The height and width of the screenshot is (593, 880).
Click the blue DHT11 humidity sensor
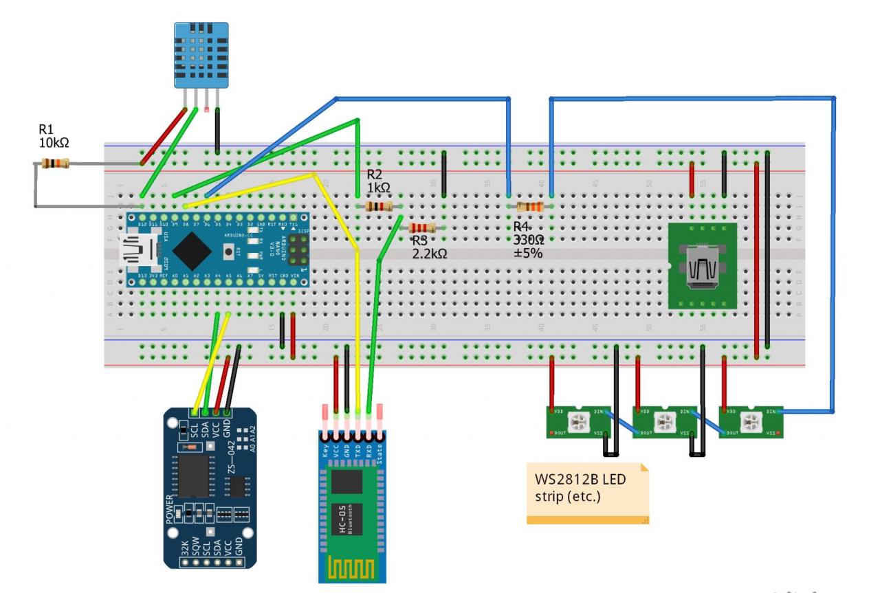200,53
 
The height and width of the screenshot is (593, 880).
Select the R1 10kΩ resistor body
56,164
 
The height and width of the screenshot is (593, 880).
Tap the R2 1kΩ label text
379,181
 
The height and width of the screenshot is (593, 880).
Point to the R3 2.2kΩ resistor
421,229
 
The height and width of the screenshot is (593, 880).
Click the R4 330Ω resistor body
529,207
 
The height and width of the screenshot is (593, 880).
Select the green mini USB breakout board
702,265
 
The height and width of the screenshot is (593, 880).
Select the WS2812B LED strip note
586,493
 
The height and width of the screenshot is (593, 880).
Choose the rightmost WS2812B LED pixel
751,421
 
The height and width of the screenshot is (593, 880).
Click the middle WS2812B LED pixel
664,421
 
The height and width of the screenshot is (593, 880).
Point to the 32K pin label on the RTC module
184,548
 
